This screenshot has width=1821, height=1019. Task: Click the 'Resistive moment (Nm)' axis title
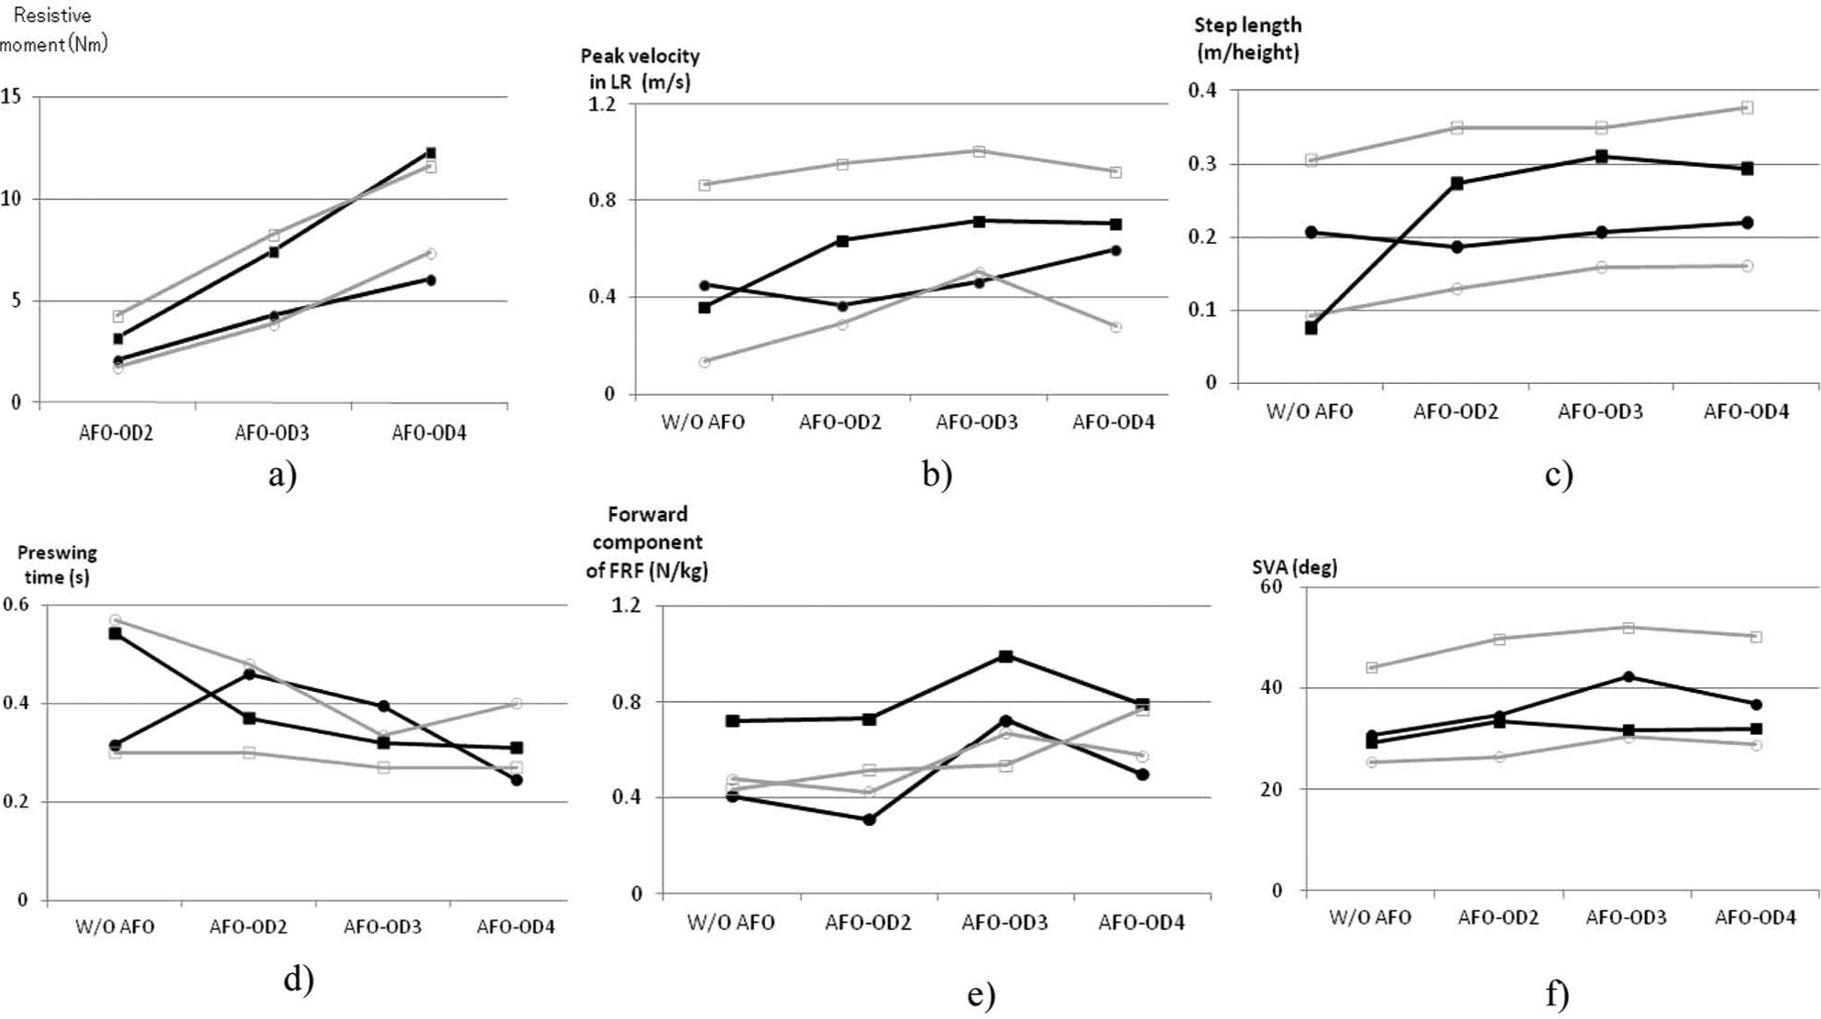coord(54,29)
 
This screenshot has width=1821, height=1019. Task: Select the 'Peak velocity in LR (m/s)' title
coord(640,69)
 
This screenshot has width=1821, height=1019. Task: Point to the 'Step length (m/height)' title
coord(1247,38)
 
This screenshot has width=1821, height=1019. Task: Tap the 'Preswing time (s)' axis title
coord(57,564)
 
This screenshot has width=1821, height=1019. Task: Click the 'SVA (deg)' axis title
coord(1294,567)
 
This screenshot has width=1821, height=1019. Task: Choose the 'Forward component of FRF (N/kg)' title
coord(647,542)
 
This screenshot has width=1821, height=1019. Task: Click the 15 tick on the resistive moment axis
coord(11,95)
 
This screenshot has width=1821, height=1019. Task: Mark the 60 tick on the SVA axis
coord(1270,586)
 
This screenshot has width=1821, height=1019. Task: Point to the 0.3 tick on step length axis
coord(1201,164)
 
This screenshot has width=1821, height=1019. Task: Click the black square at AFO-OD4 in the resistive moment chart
coord(431,153)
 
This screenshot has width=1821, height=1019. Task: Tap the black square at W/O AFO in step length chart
coord(1311,327)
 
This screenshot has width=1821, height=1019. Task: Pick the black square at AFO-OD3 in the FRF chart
coord(1005,656)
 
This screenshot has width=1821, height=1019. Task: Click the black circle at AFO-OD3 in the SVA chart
coord(1629,677)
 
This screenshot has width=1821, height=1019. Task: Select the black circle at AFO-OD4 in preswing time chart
coord(517,780)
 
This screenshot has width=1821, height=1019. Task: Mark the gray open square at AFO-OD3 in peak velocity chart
coord(979,151)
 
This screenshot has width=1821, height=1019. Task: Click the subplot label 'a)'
coord(282,475)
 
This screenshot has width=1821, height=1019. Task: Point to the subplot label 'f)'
coord(1557,994)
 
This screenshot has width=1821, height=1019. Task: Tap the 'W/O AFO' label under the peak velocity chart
coord(703,422)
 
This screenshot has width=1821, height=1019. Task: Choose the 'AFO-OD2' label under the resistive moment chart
coord(115,433)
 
